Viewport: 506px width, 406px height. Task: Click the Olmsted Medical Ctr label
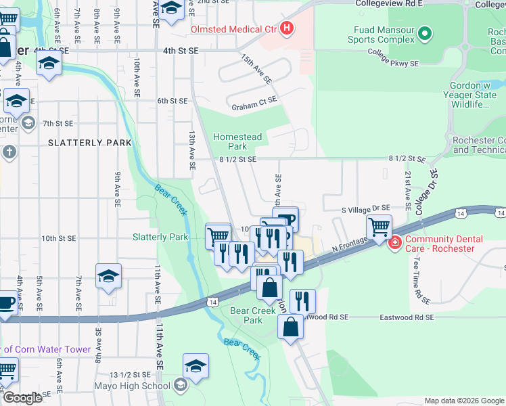point(234,29)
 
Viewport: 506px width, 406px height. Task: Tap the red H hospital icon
point(287,28)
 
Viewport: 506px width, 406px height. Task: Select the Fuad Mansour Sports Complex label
point(384,35)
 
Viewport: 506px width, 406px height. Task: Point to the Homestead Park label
point(237,141)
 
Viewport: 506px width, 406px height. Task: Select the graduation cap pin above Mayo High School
point(195,365)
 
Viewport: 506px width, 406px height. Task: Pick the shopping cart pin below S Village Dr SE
point(379,226)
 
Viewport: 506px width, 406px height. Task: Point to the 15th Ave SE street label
point(256,69)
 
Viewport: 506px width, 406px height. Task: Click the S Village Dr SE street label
point(365,208)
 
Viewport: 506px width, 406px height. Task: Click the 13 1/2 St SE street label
point(129,374)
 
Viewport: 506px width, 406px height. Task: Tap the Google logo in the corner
point(22,398)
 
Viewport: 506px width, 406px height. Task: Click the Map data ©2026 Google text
point(463,401)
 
